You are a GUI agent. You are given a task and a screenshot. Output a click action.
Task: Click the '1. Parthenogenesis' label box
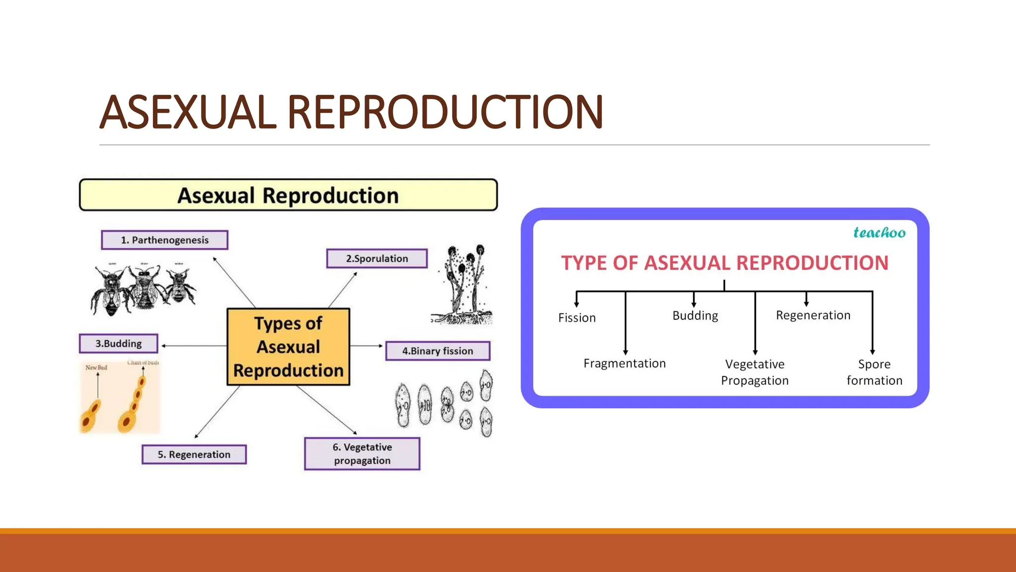[x=165, y=240]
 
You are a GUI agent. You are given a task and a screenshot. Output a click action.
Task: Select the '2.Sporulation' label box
[x=377, y=259]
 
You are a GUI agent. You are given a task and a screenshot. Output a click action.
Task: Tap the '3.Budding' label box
[x=119, y=344]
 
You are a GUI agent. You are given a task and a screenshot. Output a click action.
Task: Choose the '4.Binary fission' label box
[x=438, y=351]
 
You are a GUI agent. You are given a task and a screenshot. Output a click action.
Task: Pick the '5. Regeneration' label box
[x=194, y=454]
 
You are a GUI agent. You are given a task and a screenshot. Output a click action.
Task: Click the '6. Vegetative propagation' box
[x=362, y=454]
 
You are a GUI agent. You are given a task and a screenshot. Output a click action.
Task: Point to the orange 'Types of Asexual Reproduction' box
[x=288, y=347]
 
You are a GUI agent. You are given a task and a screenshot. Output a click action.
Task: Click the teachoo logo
[x=879, y=232]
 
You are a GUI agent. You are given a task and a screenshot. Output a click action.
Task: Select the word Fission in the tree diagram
[x=576, y=318]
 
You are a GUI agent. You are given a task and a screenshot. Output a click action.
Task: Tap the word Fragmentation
[x=625, y=363]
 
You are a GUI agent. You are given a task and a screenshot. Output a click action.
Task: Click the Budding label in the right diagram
[x=695, y=316]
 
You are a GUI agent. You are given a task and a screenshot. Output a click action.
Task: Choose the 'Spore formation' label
[x=874, y=372]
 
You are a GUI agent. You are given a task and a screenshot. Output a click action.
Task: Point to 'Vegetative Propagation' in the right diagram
[x=755, y=372]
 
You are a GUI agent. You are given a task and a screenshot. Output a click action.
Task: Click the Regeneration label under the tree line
[x=813, y=315]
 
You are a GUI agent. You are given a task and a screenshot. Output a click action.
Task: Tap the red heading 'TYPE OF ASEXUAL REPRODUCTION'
[x=724, y=263]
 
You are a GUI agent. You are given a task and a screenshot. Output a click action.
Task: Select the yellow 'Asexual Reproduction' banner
[x=288, y=195]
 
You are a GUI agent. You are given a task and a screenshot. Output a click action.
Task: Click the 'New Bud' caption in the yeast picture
[x=96, y=367]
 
